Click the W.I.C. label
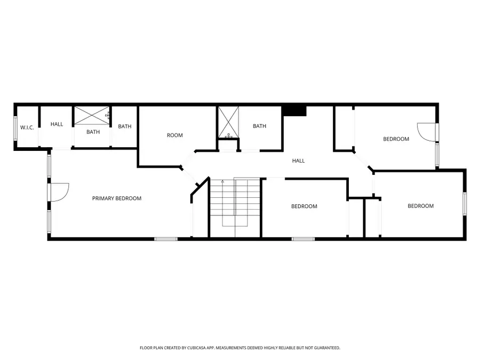click(27, 127)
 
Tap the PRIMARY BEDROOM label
click(117, 198)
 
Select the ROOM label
click(175, 135)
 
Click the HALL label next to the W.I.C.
click(57, 124)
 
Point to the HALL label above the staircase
click(298, 161)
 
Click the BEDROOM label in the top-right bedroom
click(396, 139)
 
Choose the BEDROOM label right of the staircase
click(304, 206)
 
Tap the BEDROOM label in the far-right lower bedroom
click(421, 206)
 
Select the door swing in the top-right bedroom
click(426, 132)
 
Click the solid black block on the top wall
click(294, 110)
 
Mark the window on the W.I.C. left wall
click(15, 128)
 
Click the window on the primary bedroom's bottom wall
click(166, 239)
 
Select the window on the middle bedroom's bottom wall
click(303, 239)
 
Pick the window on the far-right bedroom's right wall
click(465, 205)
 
